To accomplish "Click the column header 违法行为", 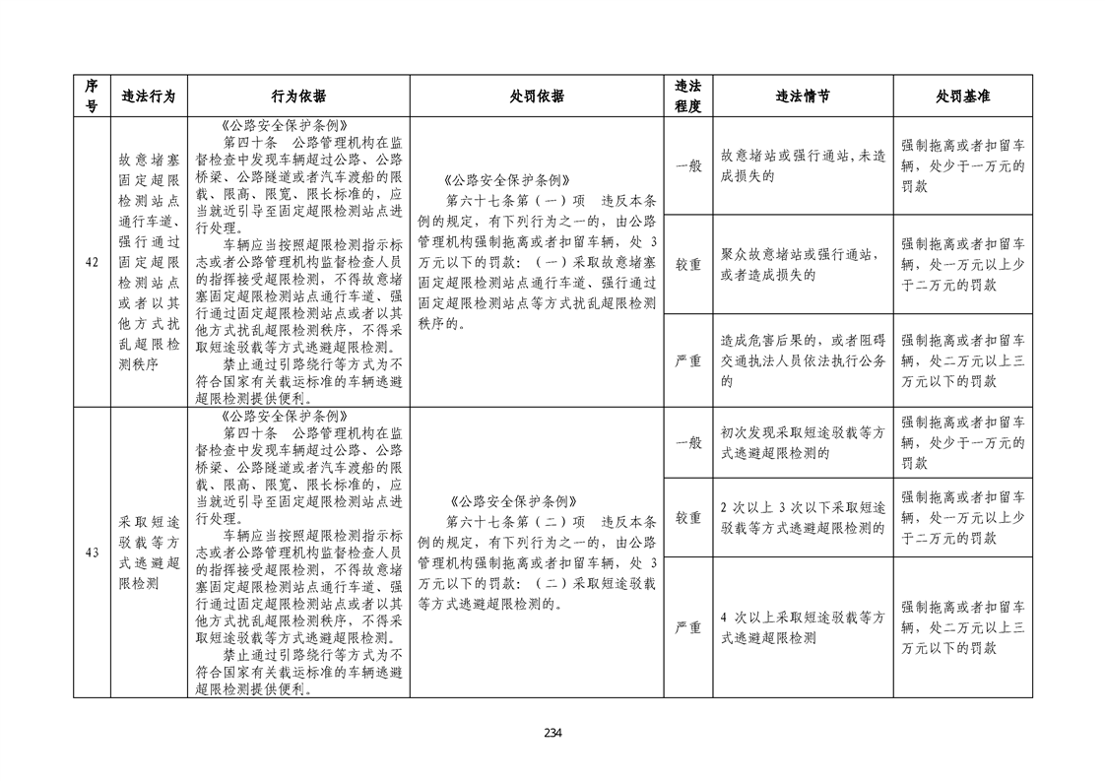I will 148,97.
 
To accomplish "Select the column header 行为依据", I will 297,97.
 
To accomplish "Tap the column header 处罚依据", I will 537,97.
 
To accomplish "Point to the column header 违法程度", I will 687,97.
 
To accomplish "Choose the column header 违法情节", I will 802,97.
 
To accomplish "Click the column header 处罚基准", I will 962,97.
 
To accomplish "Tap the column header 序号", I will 92,97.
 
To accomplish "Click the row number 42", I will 92,262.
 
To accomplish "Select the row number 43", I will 92,553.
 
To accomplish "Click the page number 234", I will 552,732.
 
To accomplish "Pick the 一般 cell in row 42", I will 687,165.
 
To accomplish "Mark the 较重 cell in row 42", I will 687,265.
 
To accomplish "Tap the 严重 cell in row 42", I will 687,360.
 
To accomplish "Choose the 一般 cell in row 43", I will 687,442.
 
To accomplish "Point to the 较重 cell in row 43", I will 687,517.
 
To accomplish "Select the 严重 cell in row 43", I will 687,627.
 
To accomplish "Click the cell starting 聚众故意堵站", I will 802,265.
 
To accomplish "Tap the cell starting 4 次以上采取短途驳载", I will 802,627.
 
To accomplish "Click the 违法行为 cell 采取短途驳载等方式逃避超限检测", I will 148,553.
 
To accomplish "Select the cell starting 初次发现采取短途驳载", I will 802,442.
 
